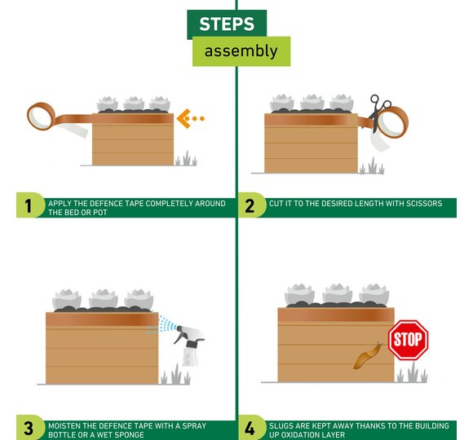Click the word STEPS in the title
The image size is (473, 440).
coord(227,24)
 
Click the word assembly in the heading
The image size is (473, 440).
coord(241,51)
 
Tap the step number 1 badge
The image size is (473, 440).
coord(29,205)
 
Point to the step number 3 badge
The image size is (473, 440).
coord(29,428)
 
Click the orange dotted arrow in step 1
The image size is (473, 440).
coord(190,118)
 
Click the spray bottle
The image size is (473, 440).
coord(189,345)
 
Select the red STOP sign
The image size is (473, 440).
coord(408,340)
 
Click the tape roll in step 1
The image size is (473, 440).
coord(41,117)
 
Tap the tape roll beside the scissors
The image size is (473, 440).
coord(393,122)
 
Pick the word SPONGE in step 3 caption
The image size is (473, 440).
coord(129,435)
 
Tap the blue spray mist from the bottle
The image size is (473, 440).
coord(161,325)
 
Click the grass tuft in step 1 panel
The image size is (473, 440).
coord(187,159)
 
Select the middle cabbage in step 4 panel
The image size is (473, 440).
coord(337,294)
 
